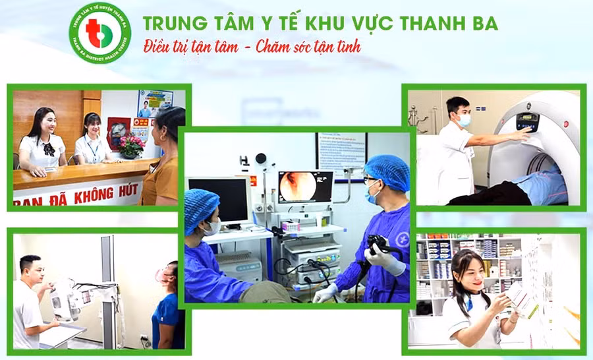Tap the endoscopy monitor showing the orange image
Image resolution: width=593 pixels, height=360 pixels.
tap(306, 187)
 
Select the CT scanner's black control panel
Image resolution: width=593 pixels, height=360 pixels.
tap(526, 121)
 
